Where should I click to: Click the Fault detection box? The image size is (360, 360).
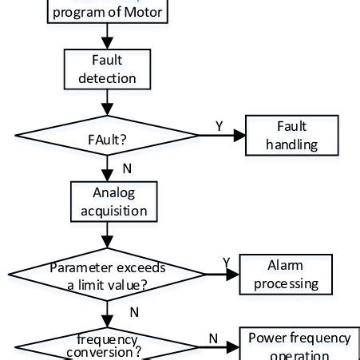point(107,69)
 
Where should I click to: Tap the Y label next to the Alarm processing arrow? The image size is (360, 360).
point(226,262)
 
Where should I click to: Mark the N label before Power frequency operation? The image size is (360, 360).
point(213,338)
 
